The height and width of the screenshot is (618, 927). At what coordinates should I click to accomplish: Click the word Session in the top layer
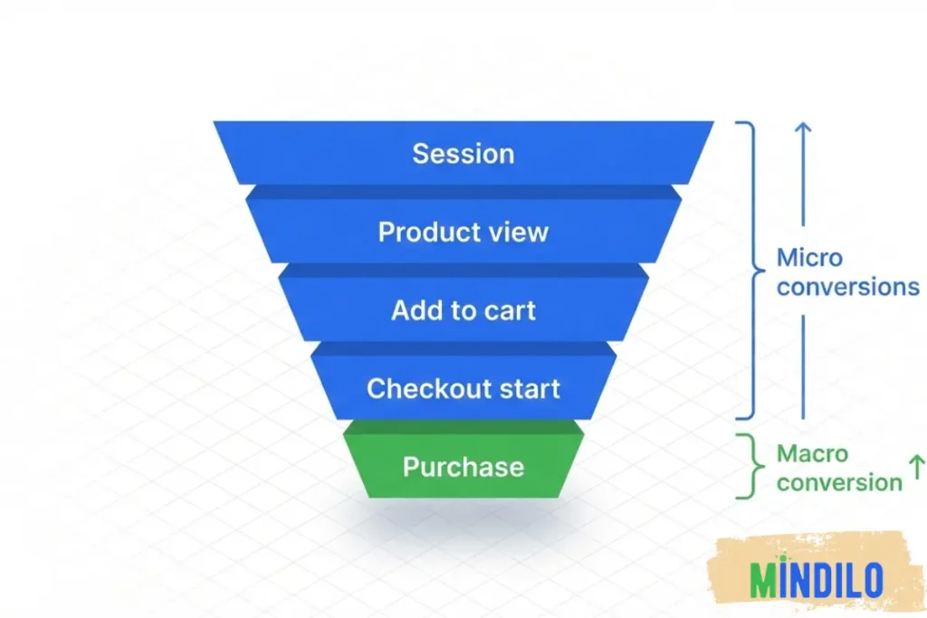tap(463, 153)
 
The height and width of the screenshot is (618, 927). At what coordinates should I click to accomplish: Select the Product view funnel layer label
tap(463, 232)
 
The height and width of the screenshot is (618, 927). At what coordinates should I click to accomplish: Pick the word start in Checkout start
tap(525, 389)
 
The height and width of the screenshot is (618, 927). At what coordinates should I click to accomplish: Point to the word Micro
tap(809, 258)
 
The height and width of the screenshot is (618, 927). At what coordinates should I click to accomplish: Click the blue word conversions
tap(847, 287)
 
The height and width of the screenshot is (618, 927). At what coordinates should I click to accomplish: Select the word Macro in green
tap(812, 453)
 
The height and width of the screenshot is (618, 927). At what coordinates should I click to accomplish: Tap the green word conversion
tap(838, 482)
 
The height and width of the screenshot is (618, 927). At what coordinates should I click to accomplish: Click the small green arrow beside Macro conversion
tap(915, 468)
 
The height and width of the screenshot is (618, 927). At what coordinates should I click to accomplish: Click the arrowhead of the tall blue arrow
tap(803, 129)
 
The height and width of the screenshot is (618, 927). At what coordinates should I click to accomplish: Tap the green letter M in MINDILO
tap(764, 580)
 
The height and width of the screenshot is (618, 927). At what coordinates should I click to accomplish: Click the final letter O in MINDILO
tap(871, 580)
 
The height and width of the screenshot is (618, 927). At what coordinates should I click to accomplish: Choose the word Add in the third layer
tap(415, 310)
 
